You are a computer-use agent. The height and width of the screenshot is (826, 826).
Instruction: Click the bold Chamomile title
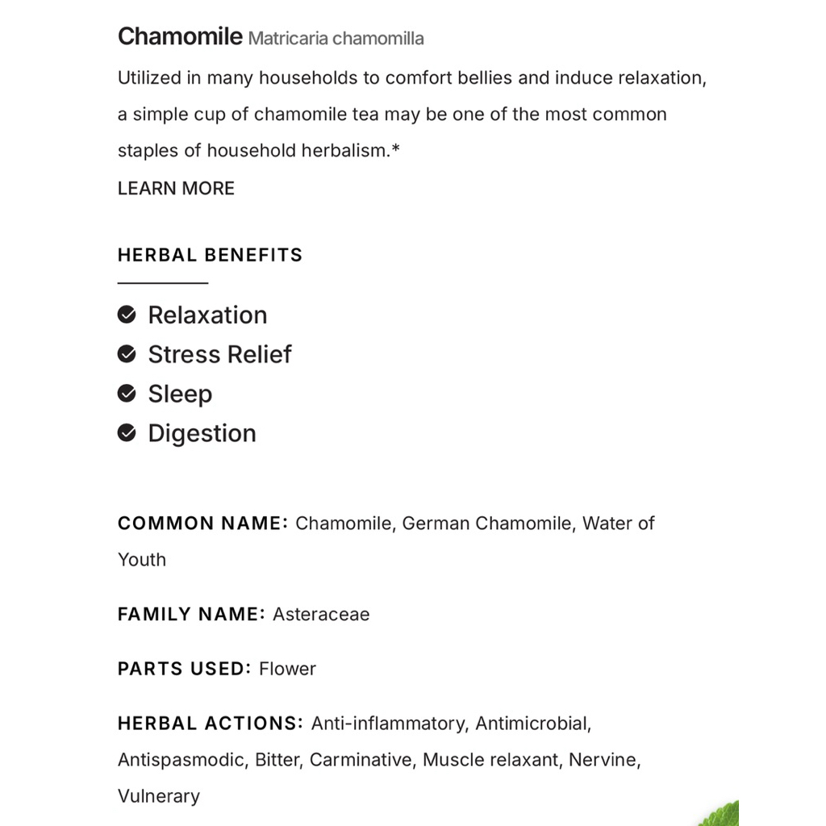pos(180,36)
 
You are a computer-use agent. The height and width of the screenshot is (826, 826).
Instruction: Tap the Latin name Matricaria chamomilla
pos(336,39)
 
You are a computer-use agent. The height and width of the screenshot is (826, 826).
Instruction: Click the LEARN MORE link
pos(176,189)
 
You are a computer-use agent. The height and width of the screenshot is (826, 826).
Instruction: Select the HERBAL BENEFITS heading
pos(210,255)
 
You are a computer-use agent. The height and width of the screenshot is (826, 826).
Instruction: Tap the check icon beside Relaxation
pos(127,315)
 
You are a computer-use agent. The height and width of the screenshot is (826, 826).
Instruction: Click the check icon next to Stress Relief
pos(127,354)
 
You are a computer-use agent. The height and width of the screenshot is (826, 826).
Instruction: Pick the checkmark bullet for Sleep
pos(127,394)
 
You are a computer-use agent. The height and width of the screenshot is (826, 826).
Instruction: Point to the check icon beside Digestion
pos(127,433)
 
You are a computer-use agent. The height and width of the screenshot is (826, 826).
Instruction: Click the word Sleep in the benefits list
pos(180,394)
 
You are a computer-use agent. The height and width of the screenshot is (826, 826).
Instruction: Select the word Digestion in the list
pos(202,433)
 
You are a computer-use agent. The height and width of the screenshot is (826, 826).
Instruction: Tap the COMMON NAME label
pos(202,524)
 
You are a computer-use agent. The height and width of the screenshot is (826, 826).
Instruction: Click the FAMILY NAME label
pos(191,614)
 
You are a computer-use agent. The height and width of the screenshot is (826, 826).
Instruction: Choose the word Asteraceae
pos(321,614)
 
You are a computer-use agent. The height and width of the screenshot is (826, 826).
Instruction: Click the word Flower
pos(287,669)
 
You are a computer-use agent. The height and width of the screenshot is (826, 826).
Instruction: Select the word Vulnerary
pos(159,796)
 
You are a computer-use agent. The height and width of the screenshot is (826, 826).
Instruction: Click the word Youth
pos(142,560)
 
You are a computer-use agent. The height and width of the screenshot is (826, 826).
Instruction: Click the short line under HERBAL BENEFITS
pos(163,283)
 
